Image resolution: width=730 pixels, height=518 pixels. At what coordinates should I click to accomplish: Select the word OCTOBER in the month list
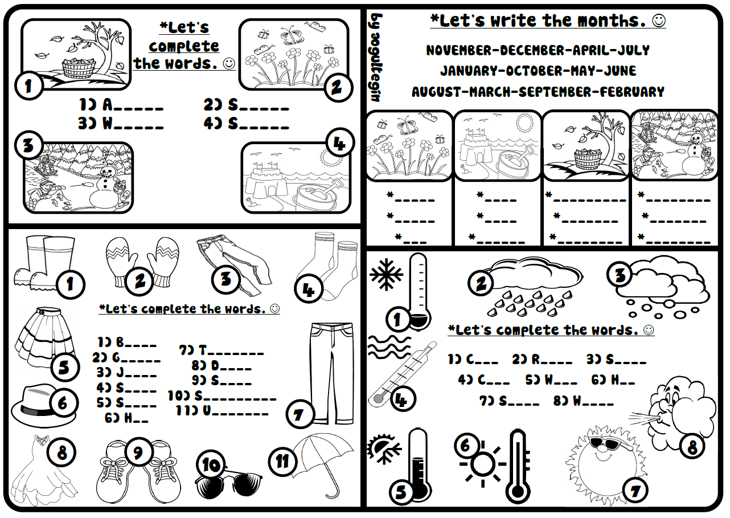[x=534, y=71]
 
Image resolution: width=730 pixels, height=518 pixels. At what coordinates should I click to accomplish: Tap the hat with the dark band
[x=44, y=406]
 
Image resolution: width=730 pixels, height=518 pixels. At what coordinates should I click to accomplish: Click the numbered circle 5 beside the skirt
[x=64, y=368]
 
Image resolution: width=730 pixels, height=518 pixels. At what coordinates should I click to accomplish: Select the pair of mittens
[x=142, y=262]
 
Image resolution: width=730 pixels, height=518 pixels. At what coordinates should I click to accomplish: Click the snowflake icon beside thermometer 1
[x=386, y=274]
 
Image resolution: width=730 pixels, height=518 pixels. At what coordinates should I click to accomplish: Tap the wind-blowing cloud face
[x=678, y=414]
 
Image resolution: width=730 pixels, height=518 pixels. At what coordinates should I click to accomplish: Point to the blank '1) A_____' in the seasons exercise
[x=121, y=105]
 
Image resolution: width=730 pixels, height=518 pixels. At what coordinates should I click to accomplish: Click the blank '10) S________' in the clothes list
[x=222, y=395]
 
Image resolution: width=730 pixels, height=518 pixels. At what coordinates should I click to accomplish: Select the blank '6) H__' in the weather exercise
[x=613, y=380]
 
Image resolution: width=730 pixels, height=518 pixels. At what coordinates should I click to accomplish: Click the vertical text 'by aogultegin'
[x=376, y=58]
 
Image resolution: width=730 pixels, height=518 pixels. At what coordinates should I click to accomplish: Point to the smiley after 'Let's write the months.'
[x=659, y=21]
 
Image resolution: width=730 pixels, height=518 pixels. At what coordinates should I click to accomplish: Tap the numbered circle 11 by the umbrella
[x=282, y=461]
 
